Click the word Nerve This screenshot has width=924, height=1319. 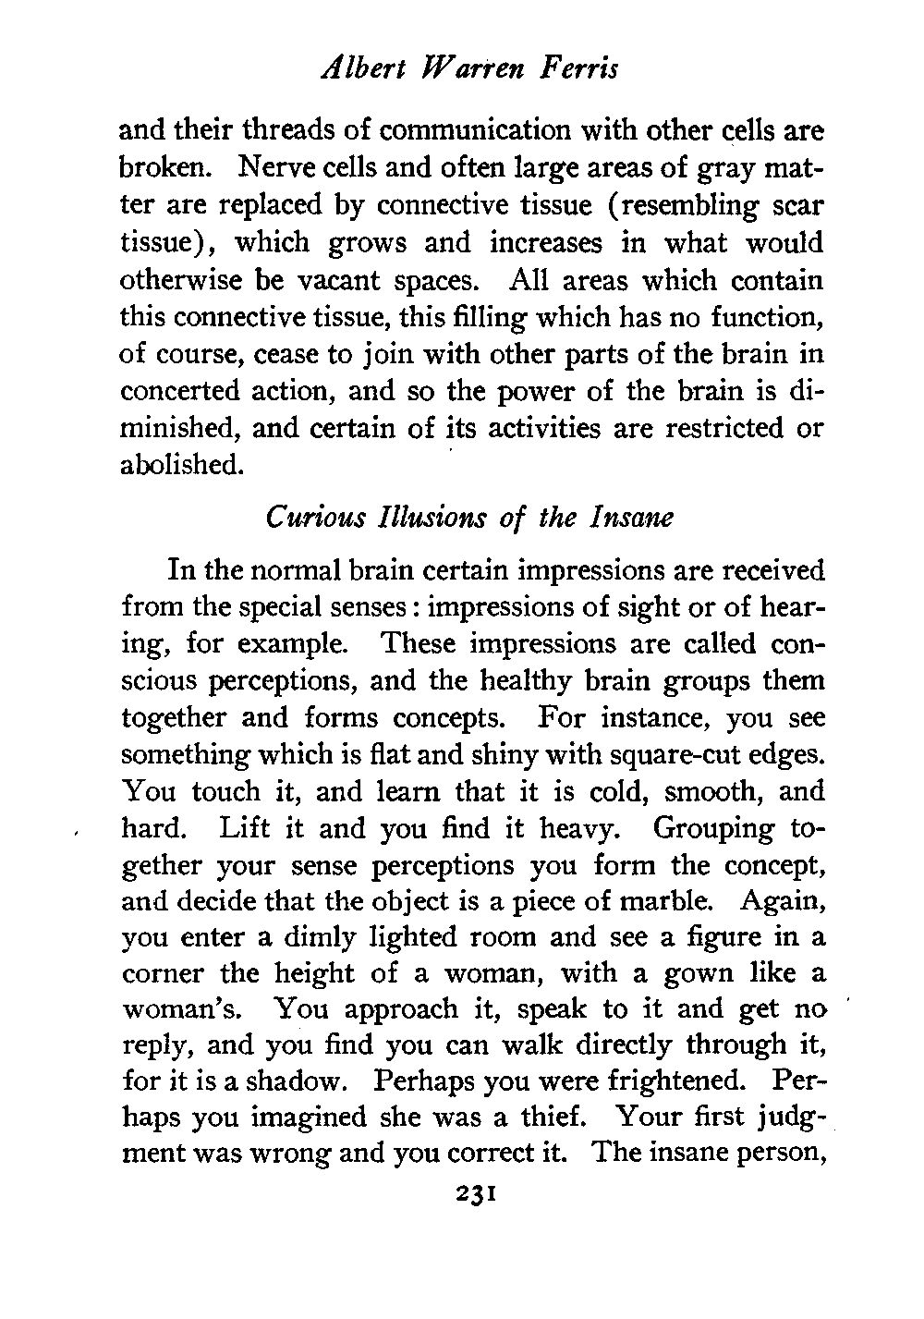275,167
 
